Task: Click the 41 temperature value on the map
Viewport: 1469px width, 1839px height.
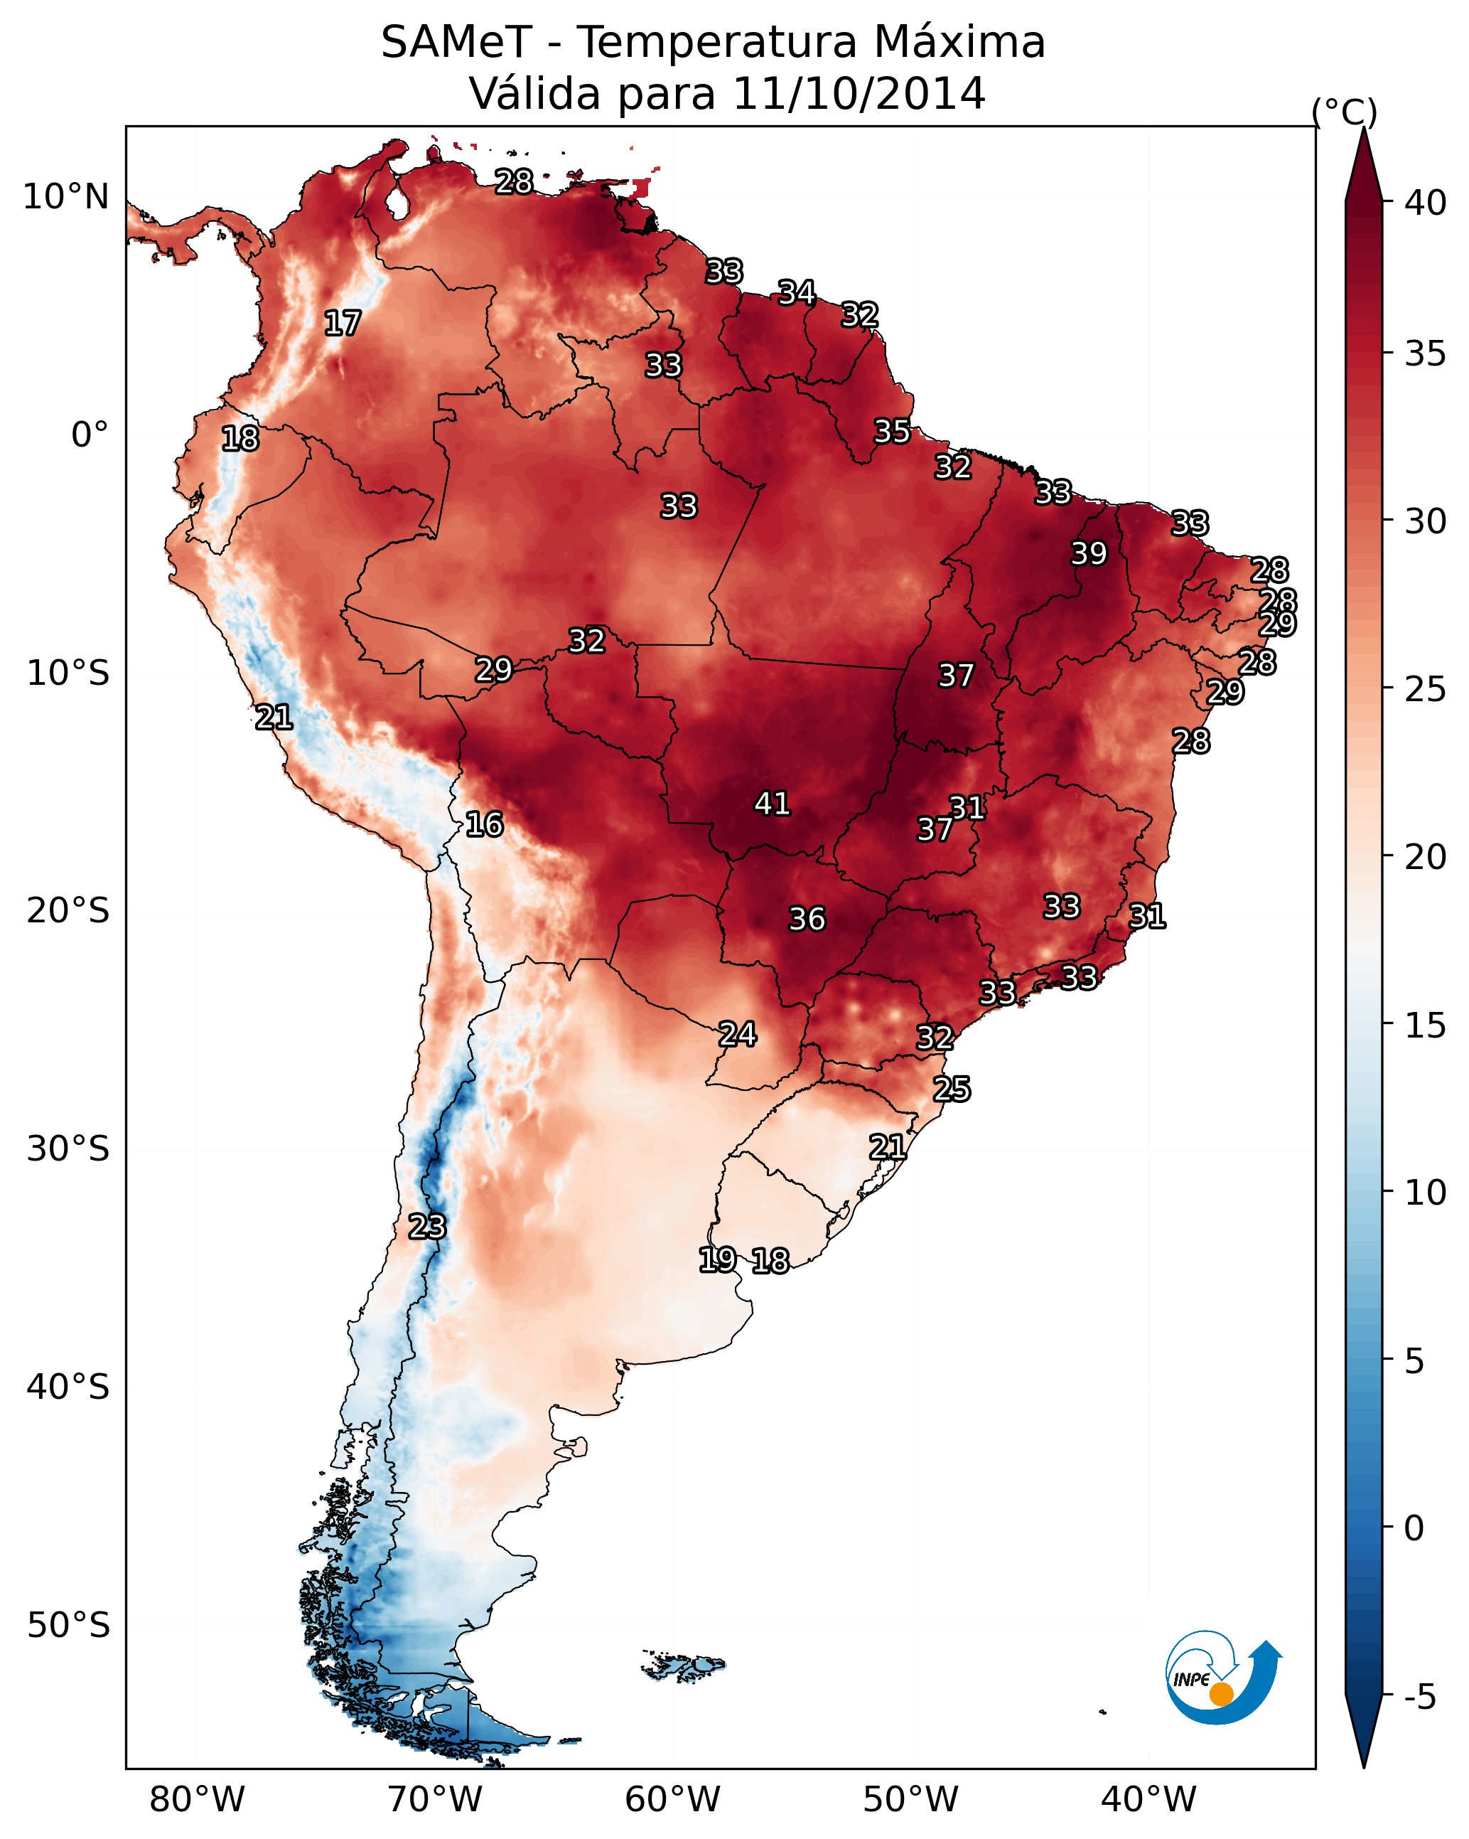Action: click(773, 804)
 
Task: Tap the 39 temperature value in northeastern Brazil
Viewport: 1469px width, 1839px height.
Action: click(1089, 553)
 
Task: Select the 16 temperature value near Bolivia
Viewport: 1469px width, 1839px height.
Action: click(484, 824)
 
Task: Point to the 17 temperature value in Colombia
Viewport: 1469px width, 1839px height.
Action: click(343, 324)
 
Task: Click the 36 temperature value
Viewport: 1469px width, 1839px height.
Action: click(807, 919)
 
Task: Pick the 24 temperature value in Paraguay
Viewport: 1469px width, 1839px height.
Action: click(738, 1034)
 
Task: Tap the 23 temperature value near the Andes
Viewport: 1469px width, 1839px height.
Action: click(427, 1227)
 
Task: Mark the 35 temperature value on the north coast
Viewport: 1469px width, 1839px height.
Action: click(893, 432)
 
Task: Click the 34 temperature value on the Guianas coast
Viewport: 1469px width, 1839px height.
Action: click(797, 292)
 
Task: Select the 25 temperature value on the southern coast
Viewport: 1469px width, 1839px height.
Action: click(952, 1089)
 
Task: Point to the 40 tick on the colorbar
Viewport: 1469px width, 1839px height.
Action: click(1426, 203)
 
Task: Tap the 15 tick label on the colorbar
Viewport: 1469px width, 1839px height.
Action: click(1426, 1025)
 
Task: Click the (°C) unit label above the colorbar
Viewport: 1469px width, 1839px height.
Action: click(1345, 112)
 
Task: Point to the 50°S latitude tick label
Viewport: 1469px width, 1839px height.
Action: click(68, 1626)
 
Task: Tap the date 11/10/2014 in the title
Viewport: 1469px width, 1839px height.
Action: click(859, 93)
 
